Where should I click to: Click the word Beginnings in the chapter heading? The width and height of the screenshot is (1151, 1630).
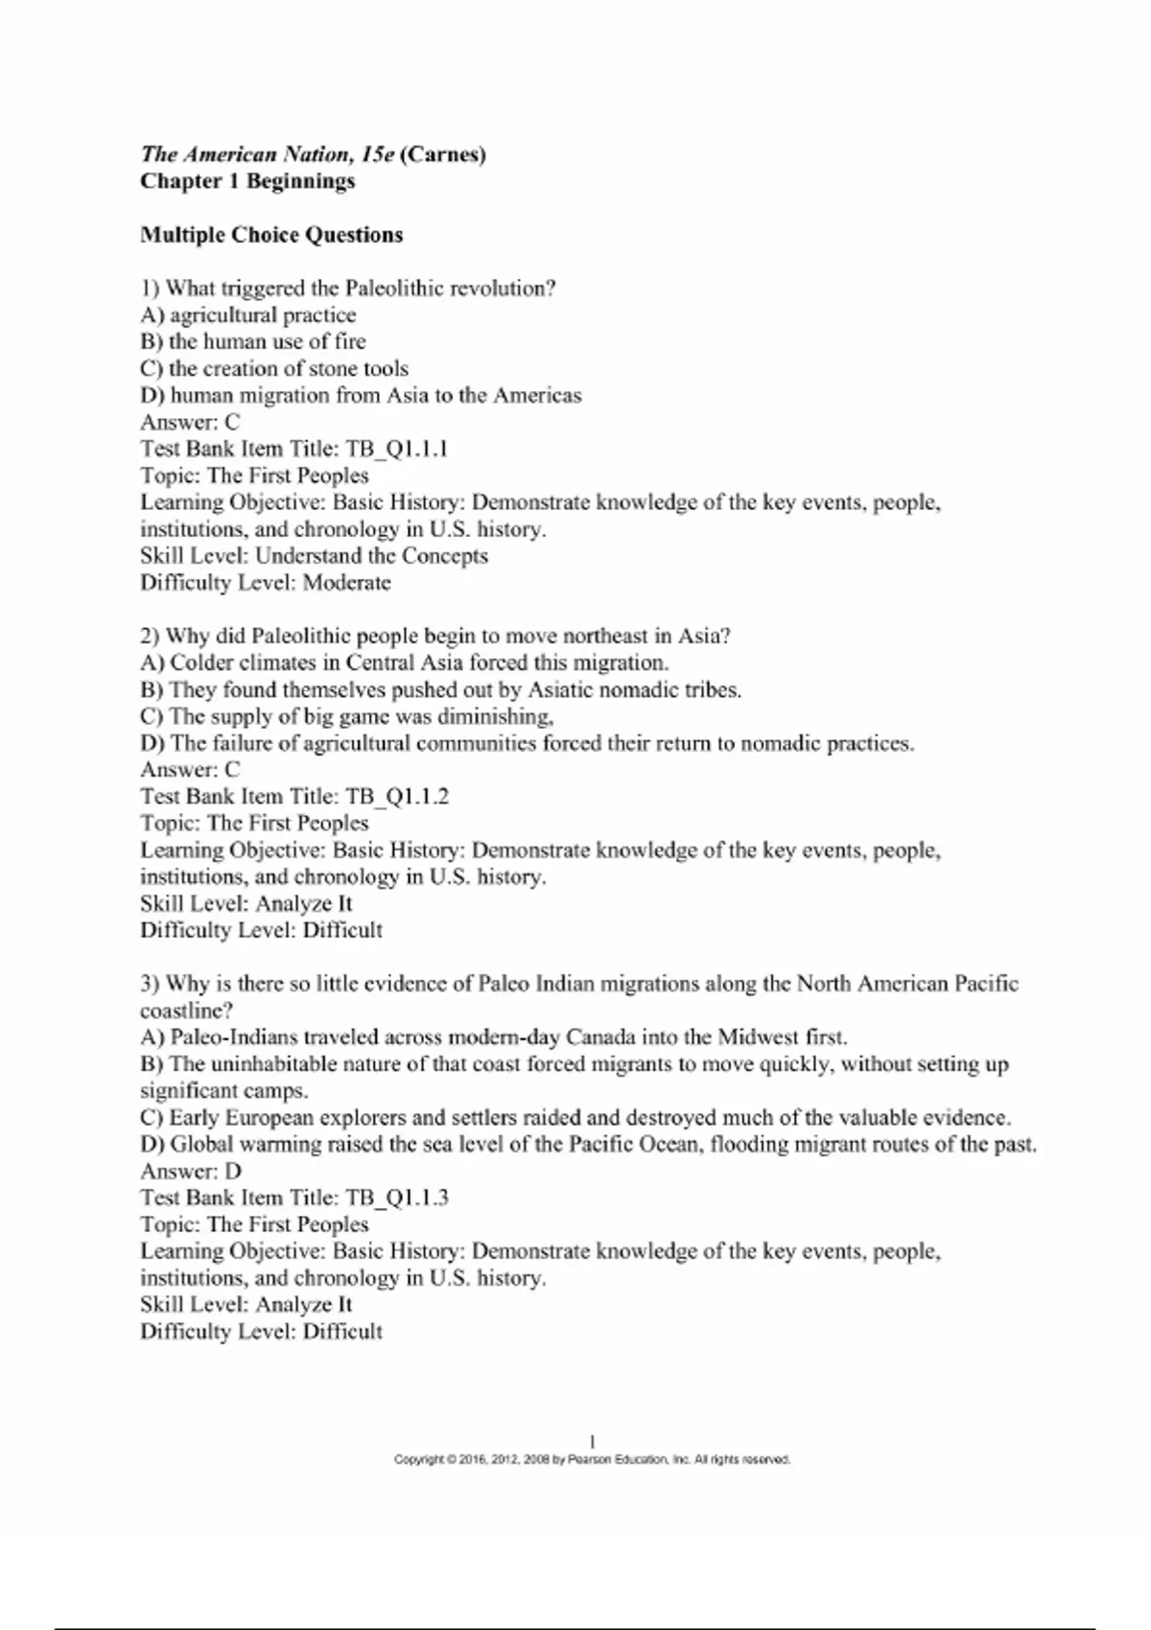pyautogui.click(x=301, y=181)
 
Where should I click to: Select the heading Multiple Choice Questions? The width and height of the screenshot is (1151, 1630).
pyautogui.click(x=271, y=235)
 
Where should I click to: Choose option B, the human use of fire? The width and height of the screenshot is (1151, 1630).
pyautogui.click(x=253, y=342)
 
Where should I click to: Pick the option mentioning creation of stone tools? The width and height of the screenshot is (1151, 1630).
pyautogui.click(x=274, y=369)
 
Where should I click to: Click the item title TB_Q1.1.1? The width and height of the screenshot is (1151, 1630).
pyautogui.click(x=396, y=449)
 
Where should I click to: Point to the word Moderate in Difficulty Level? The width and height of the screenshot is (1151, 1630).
pyautogui.click(x=346, y=583)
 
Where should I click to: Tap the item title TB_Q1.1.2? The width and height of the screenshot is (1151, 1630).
pyautogui.click(x=396, y=797)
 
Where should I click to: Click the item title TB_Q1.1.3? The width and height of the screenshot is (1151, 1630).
pyautogui.click(x=396, y=1198)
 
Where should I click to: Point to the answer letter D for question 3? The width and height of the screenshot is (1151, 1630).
pyautogui.click(x=233, y=1171)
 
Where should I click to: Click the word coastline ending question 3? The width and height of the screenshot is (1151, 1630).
pyautogui.click(x=186, y=1011)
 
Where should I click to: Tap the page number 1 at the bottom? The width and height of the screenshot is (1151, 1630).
pyautogui.click(x=592, y=1440)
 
